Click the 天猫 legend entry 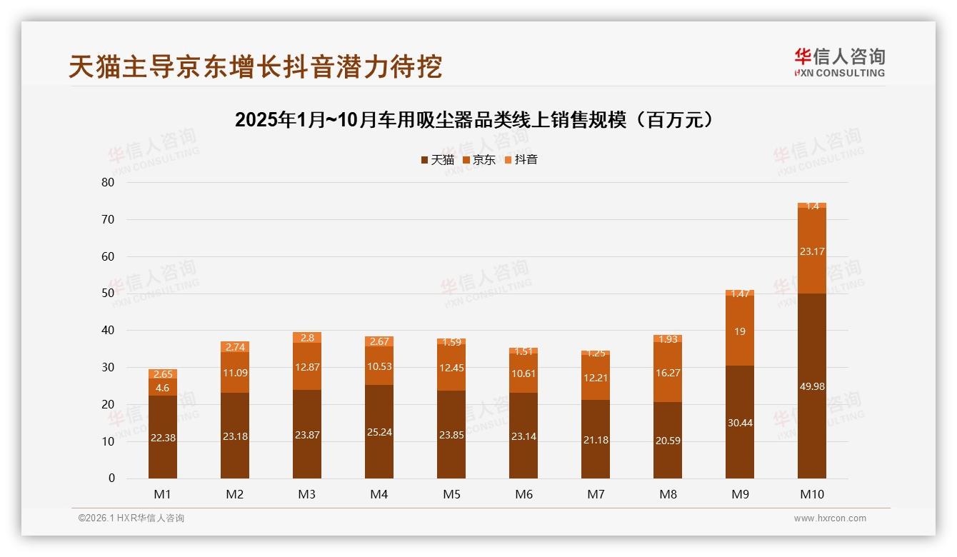click(437, 160)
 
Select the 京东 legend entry click(478, 160)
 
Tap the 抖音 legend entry click(521, 160)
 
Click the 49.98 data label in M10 click(812, 386)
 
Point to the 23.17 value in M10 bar click(812, 251)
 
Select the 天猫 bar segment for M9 click(740, 421)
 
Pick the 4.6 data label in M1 click(163, 388)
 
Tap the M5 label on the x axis click(451, 494)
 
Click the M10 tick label click(812, 494)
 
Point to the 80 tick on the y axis click(108, 182)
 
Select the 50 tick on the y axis click(108, 293)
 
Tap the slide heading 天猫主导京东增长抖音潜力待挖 click(255, 66)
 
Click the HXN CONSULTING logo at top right click(839, 63)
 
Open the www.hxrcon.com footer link click(830, 518)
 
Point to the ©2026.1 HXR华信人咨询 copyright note click(131, 518)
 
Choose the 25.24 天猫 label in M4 click(379, 432)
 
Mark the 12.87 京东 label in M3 click(307, 366)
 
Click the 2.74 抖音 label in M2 click(235, 347)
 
